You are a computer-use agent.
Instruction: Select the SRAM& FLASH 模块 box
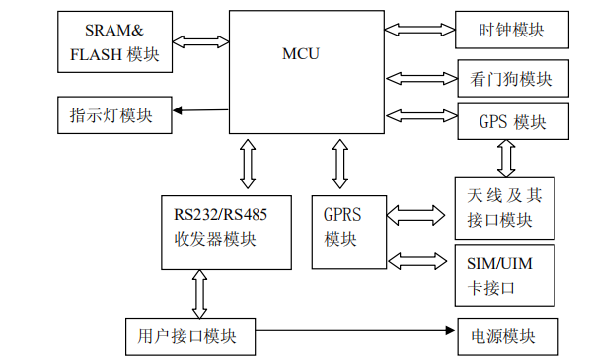click(x=115, y=42)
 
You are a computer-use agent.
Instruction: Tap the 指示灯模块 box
click(x=114, y=116)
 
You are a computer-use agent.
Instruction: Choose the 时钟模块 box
click(x=511, y=30)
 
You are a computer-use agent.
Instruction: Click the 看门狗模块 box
click(x=511, y=78)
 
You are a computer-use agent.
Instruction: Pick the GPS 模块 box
click(x=511, y=122)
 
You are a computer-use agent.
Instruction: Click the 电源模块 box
click(x=505, y=336)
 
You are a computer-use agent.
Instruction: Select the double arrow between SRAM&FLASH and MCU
click(x=201, y=41)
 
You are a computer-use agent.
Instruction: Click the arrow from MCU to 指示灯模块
click(x=201, y=109)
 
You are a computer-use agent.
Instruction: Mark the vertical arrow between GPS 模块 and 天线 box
click(x=506, y=157)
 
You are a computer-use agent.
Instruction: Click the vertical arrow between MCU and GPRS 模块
click(x=340, y=163)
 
